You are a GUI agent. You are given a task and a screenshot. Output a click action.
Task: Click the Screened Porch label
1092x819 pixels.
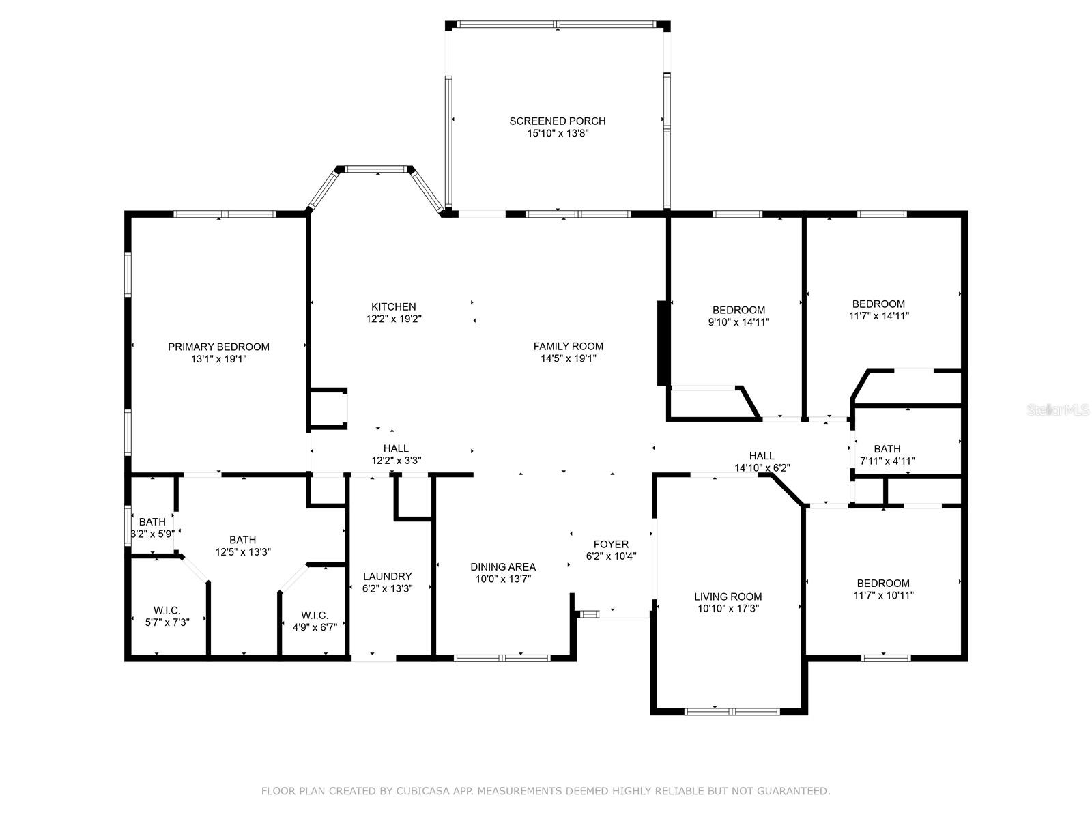tap(557, 121)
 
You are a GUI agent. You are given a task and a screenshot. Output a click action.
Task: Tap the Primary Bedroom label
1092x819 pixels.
tap(218, 347)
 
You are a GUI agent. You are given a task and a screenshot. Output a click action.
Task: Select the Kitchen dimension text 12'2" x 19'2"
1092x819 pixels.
tap(394, 319)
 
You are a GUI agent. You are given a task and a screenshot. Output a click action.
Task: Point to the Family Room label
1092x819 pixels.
tap(568, 346)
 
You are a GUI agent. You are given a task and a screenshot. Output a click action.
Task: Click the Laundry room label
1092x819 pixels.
tap(387, 576)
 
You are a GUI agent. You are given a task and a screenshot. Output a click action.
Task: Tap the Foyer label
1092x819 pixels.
tap(611, 544)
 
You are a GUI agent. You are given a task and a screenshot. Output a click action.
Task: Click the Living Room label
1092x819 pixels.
tap(728, 597)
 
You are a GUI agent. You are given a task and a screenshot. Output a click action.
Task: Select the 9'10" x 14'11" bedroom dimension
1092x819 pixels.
tap(738, 321)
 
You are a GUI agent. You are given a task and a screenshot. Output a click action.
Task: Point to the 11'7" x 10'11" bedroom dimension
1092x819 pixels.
tap(883, 595)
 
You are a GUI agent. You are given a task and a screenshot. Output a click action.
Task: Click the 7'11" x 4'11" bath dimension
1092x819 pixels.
tap(887, 461)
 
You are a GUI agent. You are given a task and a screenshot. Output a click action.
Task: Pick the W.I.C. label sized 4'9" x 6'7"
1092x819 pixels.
tap(315, 615)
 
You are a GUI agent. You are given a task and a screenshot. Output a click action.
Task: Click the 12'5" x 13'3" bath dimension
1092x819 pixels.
tap(243, 551)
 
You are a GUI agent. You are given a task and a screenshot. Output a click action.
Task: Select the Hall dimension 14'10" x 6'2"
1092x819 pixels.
tap(762, 468)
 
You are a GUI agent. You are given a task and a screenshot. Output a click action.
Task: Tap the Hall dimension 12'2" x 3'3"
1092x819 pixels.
tap(396, 461)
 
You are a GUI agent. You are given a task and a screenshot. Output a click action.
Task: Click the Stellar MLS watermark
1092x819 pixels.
tap(1058, 410)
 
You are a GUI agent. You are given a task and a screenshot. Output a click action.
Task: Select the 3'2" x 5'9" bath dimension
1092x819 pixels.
tap(152, 534)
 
